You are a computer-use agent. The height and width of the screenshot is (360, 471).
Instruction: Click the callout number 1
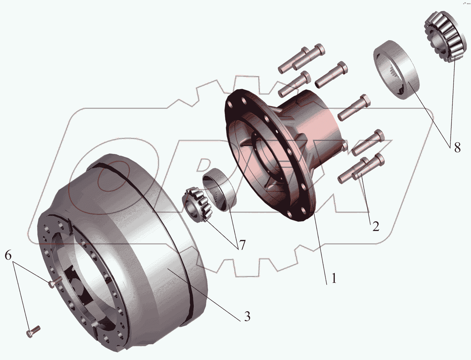point(334,278)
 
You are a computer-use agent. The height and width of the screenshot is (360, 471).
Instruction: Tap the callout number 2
point(376,226)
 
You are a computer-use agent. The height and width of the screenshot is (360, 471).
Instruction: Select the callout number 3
point(247,316)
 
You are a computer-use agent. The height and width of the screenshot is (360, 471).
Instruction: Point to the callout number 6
point(8,255)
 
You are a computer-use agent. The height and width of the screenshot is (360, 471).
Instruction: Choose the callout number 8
point(457,148)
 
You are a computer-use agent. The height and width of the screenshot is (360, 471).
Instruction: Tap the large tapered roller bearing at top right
point(446,37)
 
